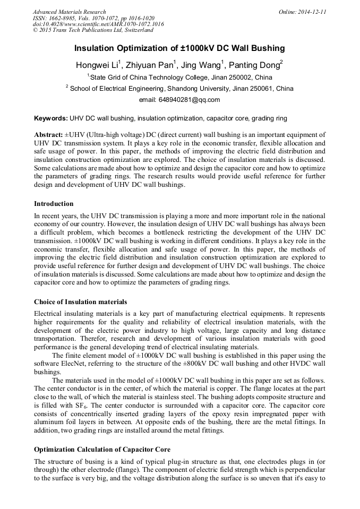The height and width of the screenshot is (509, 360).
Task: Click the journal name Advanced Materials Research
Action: click(69, 12)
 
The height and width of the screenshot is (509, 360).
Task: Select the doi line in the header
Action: click(98, 24)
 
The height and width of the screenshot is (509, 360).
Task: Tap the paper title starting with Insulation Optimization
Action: click(179, 48)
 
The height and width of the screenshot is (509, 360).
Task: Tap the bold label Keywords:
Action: click(50, 118)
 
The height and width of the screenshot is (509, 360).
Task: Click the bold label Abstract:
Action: click(48, 135)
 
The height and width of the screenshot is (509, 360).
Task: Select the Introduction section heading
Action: click(54, 203)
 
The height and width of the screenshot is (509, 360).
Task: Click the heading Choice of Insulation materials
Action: click(80, 301)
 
